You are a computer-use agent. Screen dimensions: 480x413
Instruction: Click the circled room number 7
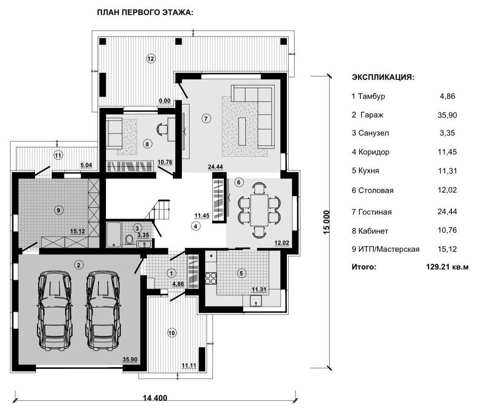click(206, 118)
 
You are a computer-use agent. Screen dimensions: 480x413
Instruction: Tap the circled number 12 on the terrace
click(151, 58)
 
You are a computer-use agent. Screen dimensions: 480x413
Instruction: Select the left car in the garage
click(55, 311)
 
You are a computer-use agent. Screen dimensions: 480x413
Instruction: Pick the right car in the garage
click(103, 311)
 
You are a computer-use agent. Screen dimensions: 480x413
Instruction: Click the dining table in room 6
click(259, 210)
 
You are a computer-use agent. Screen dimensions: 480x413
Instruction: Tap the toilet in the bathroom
click(129, 239)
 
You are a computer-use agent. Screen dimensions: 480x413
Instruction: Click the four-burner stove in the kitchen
click(210, 278)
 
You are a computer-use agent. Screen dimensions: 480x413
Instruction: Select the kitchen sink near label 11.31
click(256, 301)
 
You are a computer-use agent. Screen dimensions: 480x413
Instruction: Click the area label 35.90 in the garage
click(130, 359)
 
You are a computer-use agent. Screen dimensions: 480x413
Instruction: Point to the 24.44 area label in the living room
click(216, 167)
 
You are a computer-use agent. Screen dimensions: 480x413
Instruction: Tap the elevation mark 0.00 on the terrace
click(165, 101)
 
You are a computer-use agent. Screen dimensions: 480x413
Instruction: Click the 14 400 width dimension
click(155, 398)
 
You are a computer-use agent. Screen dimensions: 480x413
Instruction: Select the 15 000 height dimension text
click(327, 222)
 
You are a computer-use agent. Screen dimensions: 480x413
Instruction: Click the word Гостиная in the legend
click(375, 212)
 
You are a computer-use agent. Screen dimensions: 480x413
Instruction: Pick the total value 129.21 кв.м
click(447, 267)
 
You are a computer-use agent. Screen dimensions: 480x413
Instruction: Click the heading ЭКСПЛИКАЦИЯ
click(383, 77)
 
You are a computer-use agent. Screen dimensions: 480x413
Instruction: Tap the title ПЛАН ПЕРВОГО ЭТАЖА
click(145, 13)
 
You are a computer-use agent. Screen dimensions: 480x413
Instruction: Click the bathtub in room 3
click(114, 235)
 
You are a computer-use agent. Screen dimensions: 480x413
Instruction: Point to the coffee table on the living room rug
click(242, 131)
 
